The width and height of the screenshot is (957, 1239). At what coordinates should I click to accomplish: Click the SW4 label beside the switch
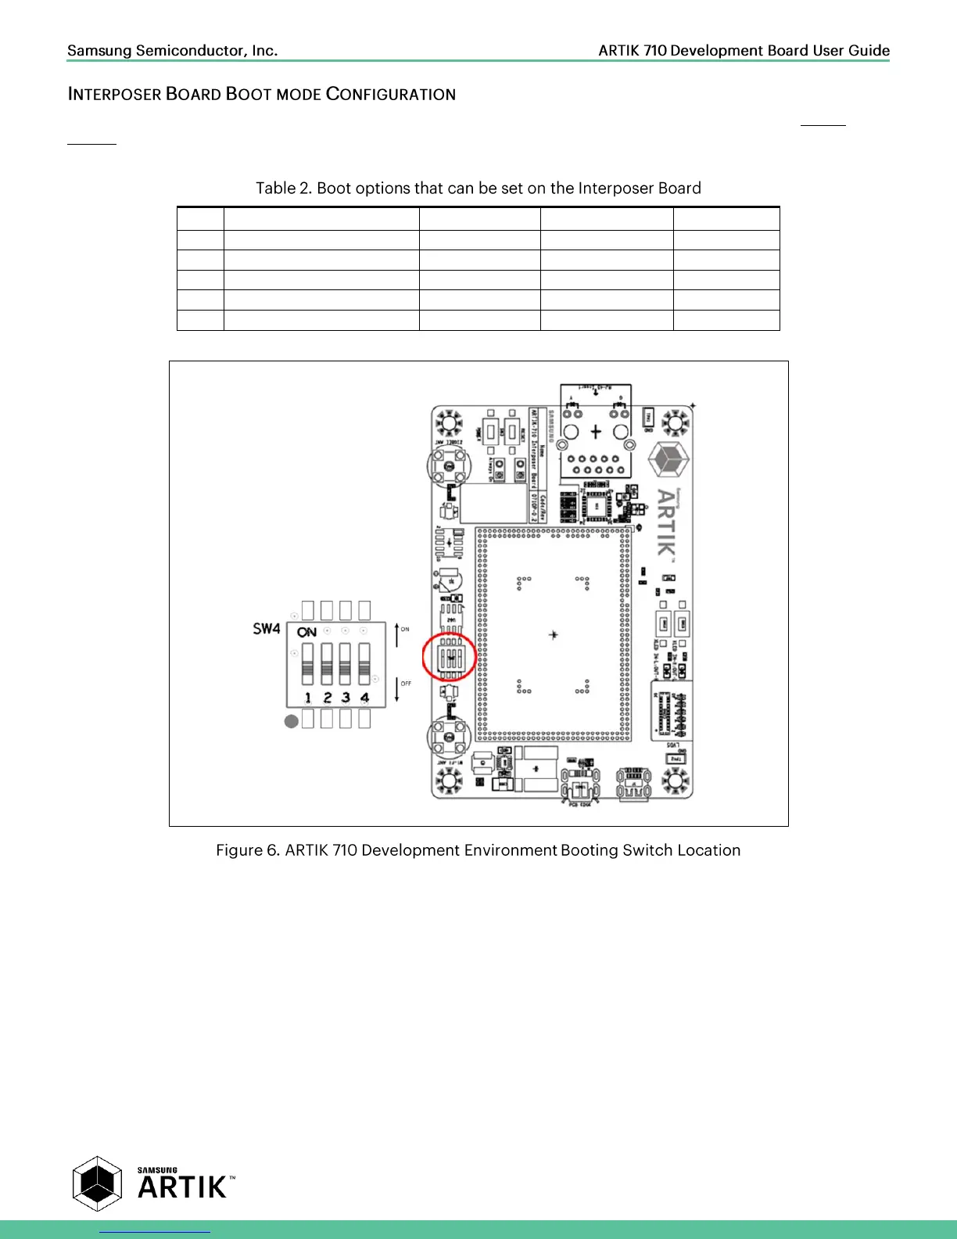(266, 628)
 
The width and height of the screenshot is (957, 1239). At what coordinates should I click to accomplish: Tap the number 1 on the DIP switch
(308, 697)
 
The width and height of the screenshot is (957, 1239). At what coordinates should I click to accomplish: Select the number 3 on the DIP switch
(346, 697)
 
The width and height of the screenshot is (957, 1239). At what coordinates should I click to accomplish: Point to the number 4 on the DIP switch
(364, 697)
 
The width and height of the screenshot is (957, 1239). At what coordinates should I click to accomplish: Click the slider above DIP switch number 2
(327, 662)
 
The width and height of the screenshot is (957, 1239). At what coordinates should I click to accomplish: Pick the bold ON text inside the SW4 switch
(307, 632)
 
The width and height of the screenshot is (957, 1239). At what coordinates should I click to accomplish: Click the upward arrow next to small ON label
(397, 635)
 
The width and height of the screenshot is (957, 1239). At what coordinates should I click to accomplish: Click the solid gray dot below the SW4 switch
(292, 721)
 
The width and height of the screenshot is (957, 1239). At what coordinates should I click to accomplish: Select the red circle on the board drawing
(450, 657)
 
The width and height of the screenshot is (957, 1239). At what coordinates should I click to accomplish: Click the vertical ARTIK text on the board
(666, 522)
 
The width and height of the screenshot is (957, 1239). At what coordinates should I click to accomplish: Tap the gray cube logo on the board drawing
(668, 458)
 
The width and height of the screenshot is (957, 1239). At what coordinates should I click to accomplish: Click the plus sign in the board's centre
(554, 634)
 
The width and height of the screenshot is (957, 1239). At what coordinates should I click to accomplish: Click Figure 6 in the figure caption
(247, 850)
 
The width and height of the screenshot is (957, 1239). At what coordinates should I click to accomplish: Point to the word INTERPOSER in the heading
(115, 95)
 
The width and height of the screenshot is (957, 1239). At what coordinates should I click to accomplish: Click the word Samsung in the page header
(99, 51)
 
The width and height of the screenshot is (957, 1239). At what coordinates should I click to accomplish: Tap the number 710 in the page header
(655, 51)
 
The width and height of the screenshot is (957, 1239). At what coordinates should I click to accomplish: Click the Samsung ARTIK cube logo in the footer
(98, 1183)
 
